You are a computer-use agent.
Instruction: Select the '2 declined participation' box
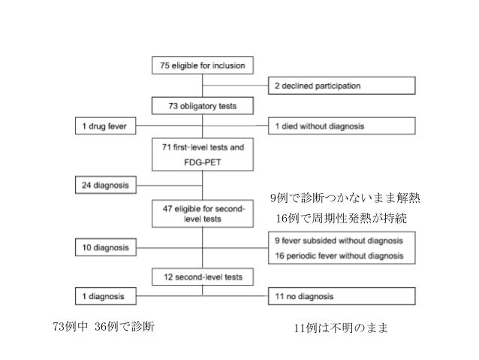pos(342,86)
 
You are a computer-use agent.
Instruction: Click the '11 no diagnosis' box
pos(342,296)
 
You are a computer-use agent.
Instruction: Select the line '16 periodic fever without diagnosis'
pos(339,255)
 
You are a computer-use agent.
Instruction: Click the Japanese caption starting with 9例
pos(345,199)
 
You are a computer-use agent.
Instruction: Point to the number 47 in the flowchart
pos(167,208)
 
